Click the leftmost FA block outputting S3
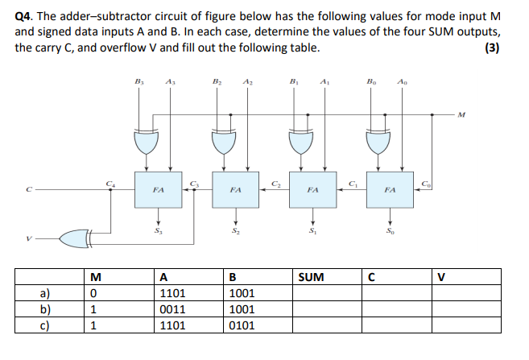(x=159, y=191)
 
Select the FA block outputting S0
(x=390, y=191)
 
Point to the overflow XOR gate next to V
(x=79, y=238)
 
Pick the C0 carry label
(x=427, y=183)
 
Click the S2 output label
(x=236, y=233)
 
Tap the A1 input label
(x=324, y=81)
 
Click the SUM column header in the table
(x=311, y=278)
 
